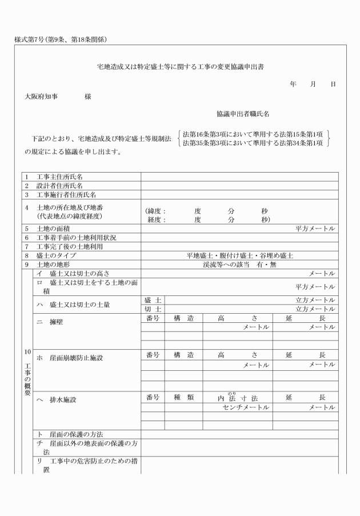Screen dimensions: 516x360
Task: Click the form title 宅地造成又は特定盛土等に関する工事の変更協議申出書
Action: tap(181, 67)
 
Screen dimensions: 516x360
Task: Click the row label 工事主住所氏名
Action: tap(60, 177)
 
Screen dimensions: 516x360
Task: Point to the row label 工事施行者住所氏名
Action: tap(63, 195)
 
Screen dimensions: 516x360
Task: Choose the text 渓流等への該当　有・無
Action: tap(239, 265)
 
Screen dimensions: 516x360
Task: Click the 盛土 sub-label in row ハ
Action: tap(153, 300)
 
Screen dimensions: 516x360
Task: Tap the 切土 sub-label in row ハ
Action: tap(153, 309)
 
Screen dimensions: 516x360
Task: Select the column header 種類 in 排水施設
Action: tap(183, 397)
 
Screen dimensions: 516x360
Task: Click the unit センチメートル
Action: tap(246, 407)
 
